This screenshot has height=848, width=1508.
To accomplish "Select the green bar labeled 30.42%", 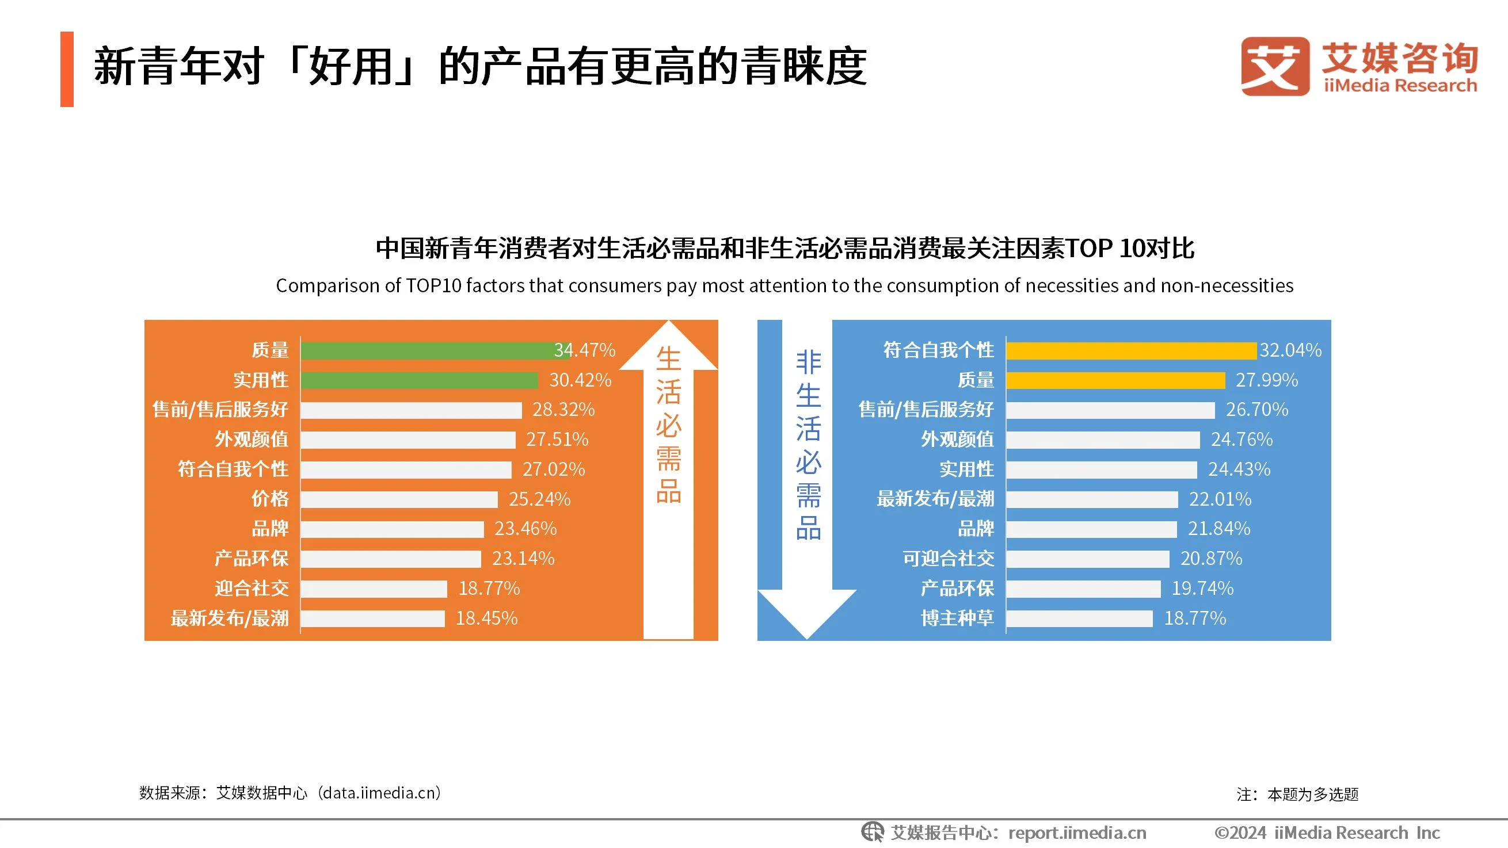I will pos(419,380).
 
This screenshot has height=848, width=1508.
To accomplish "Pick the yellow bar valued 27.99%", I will pos(1115,380).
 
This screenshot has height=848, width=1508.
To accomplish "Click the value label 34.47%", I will pos(585,350).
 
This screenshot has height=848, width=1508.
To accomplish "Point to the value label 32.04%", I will pos(1290,350).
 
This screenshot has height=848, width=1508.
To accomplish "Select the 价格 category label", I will pos(270,499).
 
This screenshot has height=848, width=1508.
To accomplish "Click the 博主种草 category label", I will pos(957,618).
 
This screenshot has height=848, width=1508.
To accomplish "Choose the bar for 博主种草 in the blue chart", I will pos(1079,618).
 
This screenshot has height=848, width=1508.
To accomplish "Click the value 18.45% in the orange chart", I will pos(486,618).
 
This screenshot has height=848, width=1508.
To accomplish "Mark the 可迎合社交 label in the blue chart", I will pos(948,558).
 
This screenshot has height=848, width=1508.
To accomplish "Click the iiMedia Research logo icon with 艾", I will pos(1275,66).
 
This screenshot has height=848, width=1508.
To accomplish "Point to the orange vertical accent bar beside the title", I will pos(67,69).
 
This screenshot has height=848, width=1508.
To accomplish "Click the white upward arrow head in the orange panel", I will pos(668,345).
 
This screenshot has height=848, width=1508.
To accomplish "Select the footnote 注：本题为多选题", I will pos(1297,794).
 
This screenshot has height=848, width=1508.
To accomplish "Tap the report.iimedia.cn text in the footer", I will pos(1077,832).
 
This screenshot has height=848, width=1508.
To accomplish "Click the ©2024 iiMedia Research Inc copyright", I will pos(1327,832).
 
